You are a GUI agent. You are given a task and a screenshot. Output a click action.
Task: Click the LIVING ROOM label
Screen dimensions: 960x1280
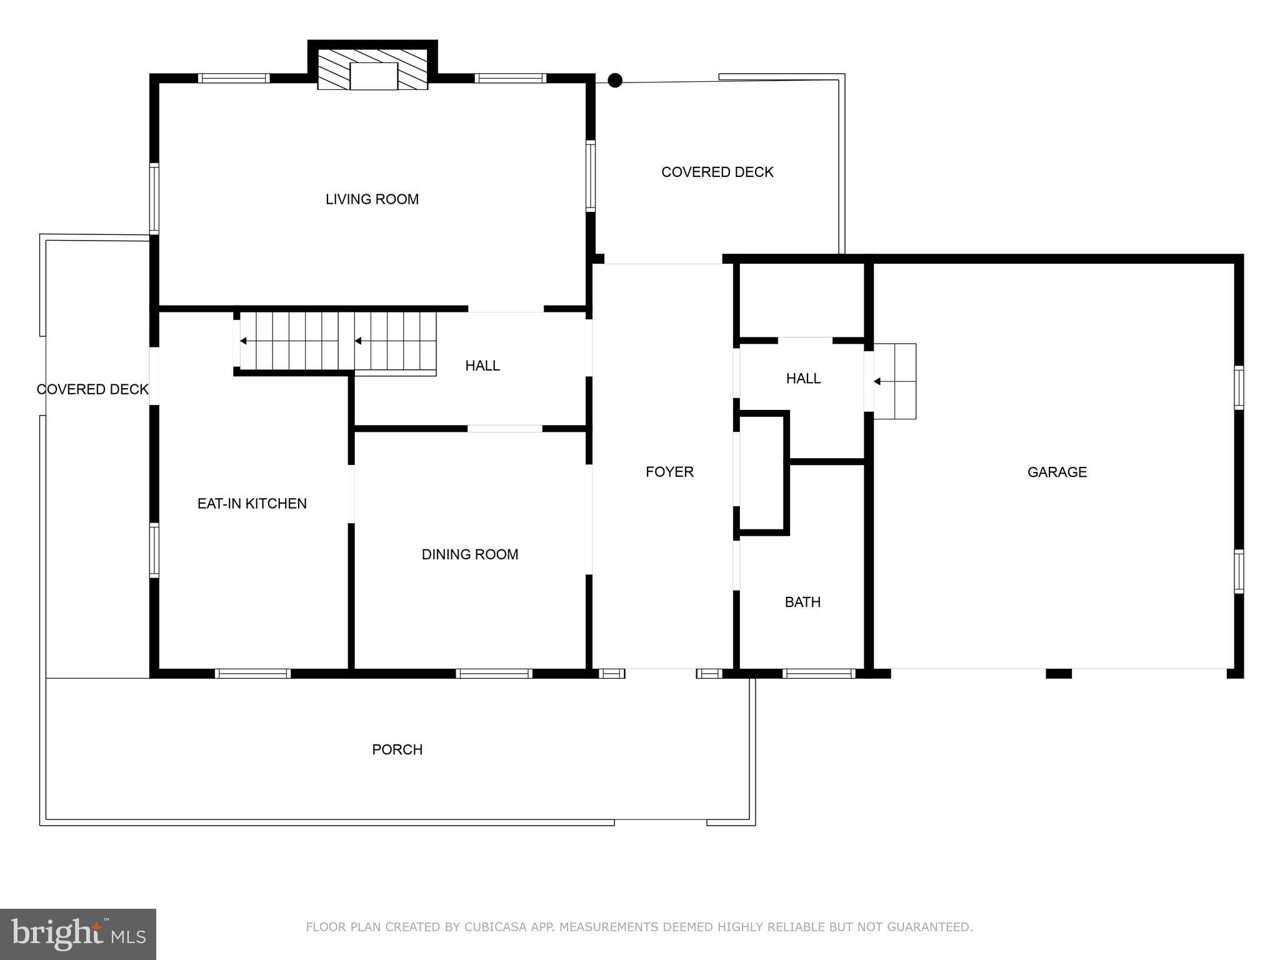(x=372, y=199)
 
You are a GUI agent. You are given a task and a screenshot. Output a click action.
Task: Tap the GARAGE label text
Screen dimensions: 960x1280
(x=1057, y=472)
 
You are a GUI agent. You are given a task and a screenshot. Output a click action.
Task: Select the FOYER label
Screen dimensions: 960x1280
(x=669, y=472)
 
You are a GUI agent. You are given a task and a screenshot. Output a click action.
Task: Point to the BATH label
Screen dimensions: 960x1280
(x=802, y=602)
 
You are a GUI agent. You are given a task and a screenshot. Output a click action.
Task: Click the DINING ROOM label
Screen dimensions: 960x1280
(x=470, y=554)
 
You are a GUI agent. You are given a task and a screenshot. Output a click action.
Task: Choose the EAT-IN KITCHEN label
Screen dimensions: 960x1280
(x=252, y=504)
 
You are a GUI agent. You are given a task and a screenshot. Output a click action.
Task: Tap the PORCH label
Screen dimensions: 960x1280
(x=397, y=750)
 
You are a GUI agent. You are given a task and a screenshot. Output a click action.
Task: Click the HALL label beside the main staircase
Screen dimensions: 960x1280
(x=482, y=366)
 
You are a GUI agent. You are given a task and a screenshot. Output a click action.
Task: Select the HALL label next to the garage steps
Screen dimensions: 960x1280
(x=803, y=379)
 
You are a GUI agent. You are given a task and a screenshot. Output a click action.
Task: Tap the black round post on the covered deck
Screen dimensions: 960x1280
(x=615, y=80)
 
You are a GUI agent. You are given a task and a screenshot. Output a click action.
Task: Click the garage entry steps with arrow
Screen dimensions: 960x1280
(x=895, y=381)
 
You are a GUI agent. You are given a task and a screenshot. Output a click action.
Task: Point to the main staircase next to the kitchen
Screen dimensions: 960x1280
(x=337, y=341)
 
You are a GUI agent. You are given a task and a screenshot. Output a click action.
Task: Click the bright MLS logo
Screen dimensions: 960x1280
(x=78, y=934)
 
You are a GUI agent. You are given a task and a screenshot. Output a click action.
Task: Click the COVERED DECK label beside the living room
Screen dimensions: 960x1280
(x=717, y=172)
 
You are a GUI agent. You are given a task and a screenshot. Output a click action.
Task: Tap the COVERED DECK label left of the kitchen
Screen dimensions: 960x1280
(x=92, y=390)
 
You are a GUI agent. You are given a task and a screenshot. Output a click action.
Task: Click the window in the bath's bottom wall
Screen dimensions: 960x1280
(x=818, y=674)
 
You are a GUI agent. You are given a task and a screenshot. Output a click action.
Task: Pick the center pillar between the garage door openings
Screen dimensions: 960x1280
(x=1059, y=674)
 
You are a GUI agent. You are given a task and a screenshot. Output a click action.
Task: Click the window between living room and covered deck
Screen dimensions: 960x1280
(x=590, y=176)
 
